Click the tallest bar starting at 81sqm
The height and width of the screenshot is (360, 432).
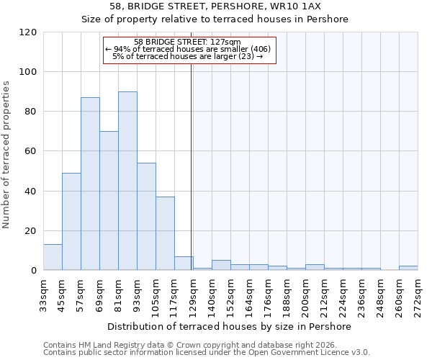[127, 181]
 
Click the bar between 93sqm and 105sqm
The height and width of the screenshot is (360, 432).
[146, 216]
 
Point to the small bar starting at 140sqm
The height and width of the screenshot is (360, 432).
[221, 265]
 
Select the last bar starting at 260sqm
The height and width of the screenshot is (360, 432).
[408, 268]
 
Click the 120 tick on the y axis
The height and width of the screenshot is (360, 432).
[28, 32]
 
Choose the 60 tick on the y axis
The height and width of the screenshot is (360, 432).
[31, 151]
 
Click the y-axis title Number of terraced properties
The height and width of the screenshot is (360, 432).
[6, 155]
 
